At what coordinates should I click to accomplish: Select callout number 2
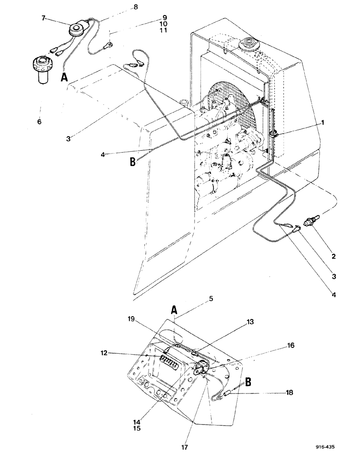334,256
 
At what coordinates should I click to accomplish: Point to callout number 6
39,122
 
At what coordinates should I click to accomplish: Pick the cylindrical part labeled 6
42,69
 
